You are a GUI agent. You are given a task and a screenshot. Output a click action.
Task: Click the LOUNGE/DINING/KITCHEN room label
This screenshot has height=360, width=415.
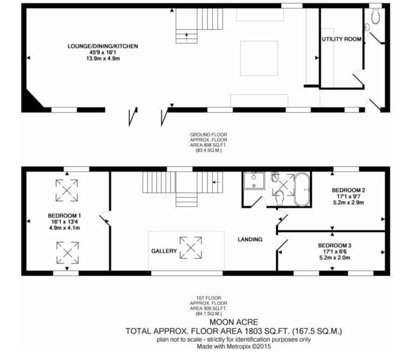[x=103, y=46]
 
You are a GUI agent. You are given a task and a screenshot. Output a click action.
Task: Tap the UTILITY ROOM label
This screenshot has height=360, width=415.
[x=341, y=39]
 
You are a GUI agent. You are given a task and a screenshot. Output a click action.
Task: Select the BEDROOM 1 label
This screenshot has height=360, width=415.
[x=64, y=216]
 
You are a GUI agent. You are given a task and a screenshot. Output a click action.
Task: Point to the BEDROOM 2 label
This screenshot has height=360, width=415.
[x=348, y=190]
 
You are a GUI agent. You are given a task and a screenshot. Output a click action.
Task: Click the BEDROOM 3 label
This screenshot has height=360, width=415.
[x=335, y=245]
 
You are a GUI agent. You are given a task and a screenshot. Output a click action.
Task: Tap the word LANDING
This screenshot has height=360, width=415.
[x=250, y=239]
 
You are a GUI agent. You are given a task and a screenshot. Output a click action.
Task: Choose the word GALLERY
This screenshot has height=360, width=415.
[x=164, y=251]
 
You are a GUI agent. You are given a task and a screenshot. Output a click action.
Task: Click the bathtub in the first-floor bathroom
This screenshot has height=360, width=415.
[x=302, y=189]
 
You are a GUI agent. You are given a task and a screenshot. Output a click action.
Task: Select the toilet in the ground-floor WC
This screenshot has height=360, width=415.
[x=375, y=16]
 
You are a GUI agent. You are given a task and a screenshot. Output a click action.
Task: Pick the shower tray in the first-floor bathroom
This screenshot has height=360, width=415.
[x=254, y=181]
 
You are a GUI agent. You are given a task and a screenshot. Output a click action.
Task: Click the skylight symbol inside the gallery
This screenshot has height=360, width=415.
[x=191, y=248]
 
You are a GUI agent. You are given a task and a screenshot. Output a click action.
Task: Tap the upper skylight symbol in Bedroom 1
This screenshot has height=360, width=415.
[x=67, y=190]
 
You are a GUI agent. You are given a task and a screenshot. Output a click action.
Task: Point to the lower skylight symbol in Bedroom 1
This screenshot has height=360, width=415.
[x=68, y=253]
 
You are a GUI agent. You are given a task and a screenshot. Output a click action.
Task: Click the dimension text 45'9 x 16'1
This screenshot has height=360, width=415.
[x=103, y=52]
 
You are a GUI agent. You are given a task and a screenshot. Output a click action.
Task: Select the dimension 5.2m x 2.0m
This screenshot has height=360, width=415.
[x=335, y=257]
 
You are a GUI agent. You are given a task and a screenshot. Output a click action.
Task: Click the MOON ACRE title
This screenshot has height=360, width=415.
[x=234, y=322]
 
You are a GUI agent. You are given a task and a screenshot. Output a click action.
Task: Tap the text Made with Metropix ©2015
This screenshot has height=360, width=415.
[x=234, y=347]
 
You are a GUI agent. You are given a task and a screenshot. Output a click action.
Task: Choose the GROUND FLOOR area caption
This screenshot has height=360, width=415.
[x=209, y=142]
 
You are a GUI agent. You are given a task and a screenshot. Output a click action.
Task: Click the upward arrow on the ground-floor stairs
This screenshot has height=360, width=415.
[x=187, y=37]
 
